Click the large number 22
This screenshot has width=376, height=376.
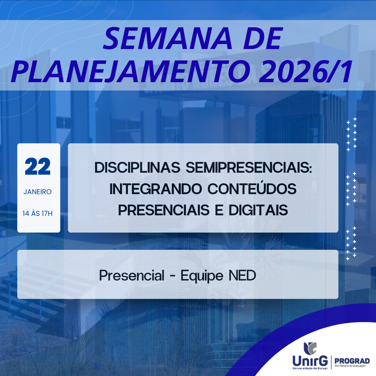[38, 167]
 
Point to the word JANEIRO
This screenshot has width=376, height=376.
[38, 192]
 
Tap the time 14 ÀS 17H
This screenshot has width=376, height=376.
[38, 213]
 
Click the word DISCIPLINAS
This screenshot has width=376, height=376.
[137, 168]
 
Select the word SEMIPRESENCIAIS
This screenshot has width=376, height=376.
[249, 168]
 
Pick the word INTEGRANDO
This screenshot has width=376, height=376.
[156, 189]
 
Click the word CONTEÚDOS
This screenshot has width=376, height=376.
[252, 189]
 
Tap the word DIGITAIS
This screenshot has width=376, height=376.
[258, 210]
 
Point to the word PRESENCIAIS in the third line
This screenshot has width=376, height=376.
[164, 210]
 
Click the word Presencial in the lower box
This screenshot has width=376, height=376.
[132, 275]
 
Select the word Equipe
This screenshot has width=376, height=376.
[202, 275]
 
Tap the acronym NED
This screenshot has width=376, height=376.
[242, 275]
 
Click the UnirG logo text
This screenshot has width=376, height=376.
[310, 361]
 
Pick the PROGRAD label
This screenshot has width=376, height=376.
[352, 361]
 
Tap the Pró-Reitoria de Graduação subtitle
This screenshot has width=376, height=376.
[350, 366]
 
